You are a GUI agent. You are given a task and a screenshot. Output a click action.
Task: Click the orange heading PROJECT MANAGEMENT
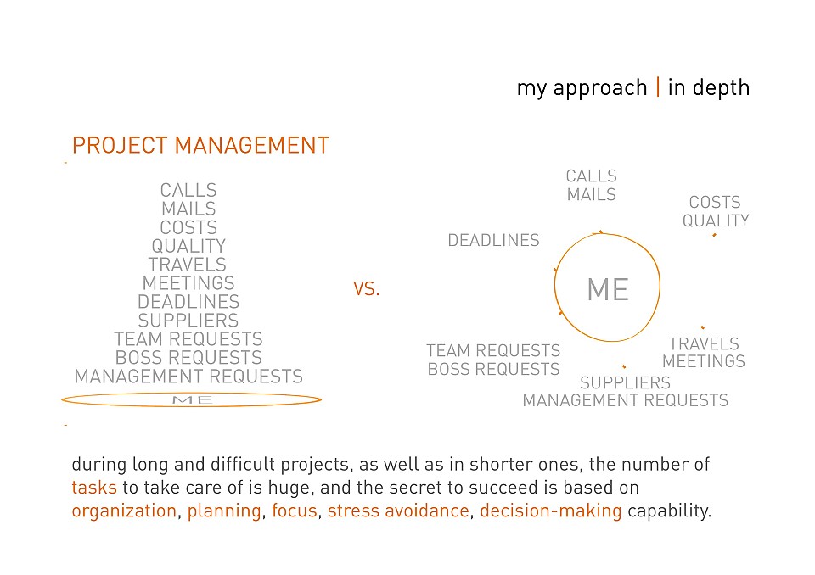click(200, 145)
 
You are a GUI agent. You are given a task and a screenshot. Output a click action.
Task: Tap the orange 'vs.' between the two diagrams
click(367, 289)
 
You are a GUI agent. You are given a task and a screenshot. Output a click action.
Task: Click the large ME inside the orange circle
click(608, 289)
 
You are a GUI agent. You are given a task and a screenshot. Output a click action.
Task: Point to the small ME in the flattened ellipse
click(193, 400)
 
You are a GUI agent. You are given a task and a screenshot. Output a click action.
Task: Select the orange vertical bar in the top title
click(658, 87)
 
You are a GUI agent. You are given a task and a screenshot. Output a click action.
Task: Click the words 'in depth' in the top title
click(708, 88)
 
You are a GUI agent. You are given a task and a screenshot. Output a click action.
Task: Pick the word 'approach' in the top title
click(600, 89)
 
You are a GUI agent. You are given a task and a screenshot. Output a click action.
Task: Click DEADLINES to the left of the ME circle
click(494, 241)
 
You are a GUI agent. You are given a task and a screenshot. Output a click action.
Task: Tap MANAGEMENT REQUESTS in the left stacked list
click(188, 377)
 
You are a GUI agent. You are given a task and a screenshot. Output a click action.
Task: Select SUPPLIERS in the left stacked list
click(188, 321)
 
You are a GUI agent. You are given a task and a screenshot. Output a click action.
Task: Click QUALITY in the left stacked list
click(188, 246)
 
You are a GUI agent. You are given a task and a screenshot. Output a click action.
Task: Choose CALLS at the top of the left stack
click(188, 190)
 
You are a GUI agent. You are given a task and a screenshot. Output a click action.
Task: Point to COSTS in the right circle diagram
click(715, 202)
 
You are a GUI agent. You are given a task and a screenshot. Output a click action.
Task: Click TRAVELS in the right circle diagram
click(704, 343)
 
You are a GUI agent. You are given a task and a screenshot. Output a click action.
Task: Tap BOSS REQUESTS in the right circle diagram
click(494, 369)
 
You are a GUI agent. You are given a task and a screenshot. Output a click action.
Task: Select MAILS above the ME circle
click(592, 195)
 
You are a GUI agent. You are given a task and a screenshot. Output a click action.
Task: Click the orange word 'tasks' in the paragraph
click(94, 488)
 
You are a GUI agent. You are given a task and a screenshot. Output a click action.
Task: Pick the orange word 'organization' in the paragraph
click(124, 511)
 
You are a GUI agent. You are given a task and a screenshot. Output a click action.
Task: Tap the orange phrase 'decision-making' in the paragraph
click(551, 511)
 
